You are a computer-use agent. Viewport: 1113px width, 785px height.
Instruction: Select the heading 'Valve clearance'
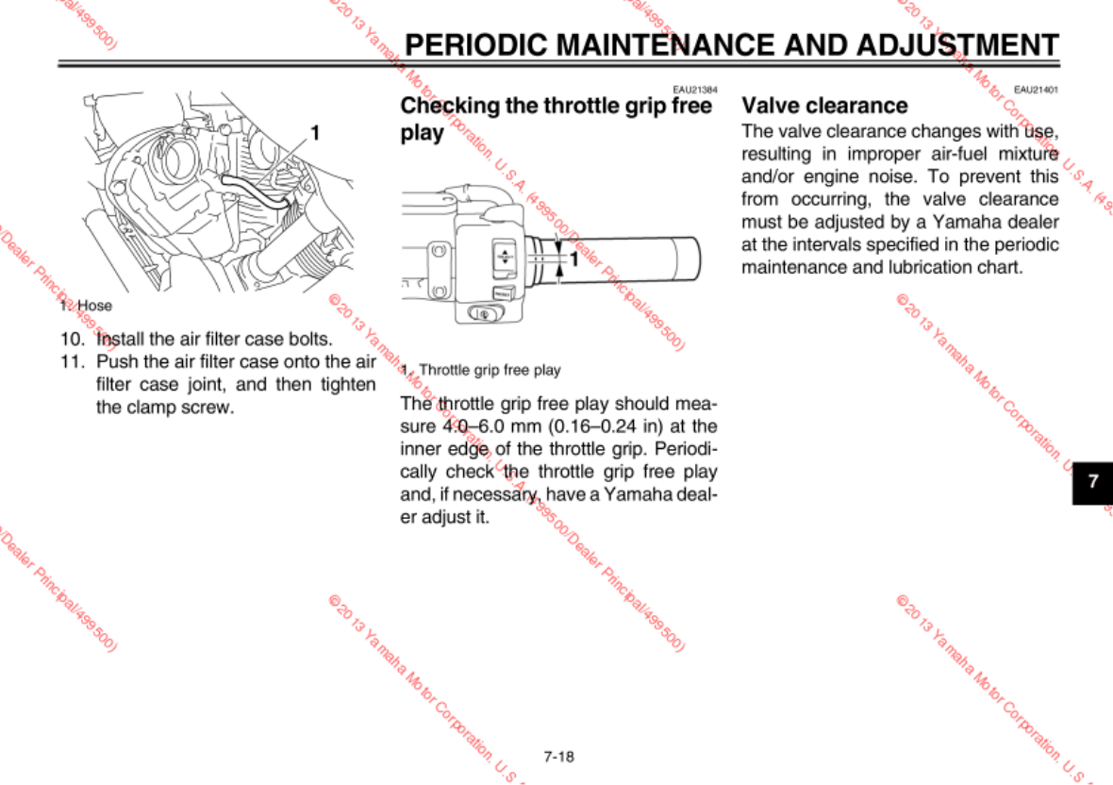point(824,106)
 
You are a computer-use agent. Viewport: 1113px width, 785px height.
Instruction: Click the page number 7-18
point(558,757)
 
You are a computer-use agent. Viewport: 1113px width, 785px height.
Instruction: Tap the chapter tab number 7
point(1093,480)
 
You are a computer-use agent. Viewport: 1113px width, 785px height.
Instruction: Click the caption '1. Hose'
point(85,306)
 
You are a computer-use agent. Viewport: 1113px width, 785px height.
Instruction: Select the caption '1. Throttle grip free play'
point(480,370)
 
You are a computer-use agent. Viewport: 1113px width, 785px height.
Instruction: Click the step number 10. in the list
point(74,339)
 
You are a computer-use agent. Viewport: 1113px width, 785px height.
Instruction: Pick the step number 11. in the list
point(74,361)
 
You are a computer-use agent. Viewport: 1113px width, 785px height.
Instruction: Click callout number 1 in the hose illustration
point(315,133)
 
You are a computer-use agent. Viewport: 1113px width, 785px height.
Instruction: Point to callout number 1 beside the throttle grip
point(573,256)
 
